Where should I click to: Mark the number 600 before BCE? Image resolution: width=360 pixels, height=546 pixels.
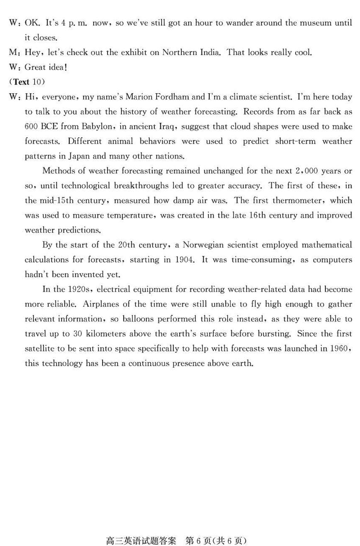tap(31, 126)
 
